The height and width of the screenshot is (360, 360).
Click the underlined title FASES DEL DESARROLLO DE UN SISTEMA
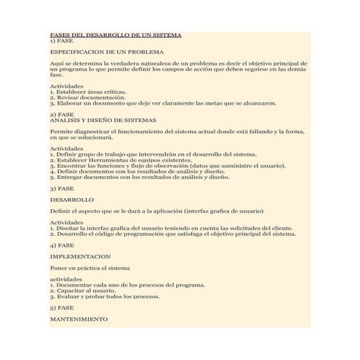pyautogui.click(x=116, y=35)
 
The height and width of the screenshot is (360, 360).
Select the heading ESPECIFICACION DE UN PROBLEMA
pyautogui.click(x=107, y=52)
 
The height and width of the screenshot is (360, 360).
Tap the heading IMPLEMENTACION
pyautogui.click(x=80, y=257)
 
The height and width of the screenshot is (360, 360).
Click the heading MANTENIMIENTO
pyautogui.click(x=79, y=319)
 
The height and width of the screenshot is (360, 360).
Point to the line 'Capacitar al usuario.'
pyautogui.click(x=81, y=291)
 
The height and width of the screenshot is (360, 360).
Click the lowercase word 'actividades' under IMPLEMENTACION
pyautogui.click(x=67, y=279)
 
